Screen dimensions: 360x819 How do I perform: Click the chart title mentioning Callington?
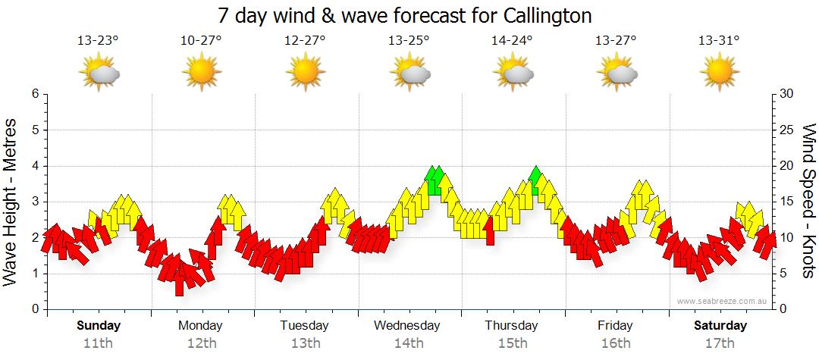(x=404, y=15)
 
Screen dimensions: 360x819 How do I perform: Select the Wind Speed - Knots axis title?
(x=808, y=201)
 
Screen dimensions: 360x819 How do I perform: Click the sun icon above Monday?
(x=201, y=74)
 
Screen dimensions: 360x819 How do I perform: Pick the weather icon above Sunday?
(x=99, y=74)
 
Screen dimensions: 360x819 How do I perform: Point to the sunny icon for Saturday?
(x=719, y=74)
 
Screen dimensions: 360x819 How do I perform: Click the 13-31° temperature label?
(x=719, y=40)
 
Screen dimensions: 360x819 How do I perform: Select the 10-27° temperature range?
(x=201, y=40)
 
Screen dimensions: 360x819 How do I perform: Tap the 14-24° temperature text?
(x=513, y=40)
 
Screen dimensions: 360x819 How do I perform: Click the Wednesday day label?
(x=407, y=326)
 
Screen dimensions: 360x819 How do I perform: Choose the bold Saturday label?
(x=720, y=326)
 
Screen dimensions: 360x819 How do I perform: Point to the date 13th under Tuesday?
(x=304, y=343)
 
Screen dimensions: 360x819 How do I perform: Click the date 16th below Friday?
(x=615, y=343)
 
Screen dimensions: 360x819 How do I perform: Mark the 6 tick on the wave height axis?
(x=35, y=94)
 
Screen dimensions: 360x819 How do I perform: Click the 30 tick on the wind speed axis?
(x=787, y=94)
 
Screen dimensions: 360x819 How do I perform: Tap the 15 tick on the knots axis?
(x=787, y=202)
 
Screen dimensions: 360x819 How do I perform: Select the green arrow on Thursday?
(x=536, y=180)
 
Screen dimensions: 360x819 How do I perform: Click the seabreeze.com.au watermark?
(x=723, y=301)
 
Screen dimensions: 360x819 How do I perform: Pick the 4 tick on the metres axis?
(x=35, y=166)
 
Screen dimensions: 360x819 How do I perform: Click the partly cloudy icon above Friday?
(x=616, y=74)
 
